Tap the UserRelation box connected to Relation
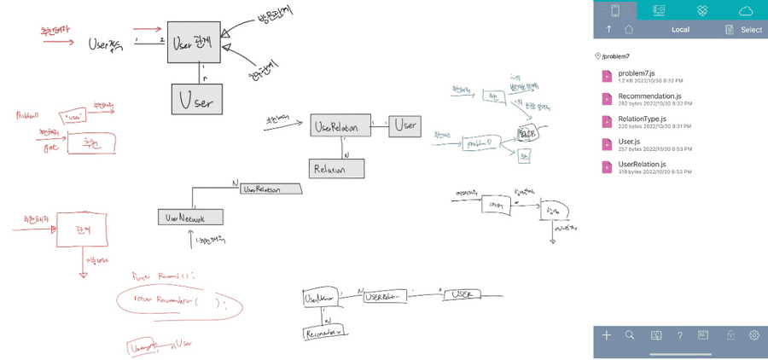tap(340, 126)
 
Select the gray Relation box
tap(336, 169)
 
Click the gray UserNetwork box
tap(189, 217)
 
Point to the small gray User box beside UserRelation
tap(405, 125)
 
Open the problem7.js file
tap(636, 77)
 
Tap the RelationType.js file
tap(646, 121)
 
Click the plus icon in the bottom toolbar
tap(607, 335)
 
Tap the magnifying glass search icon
tap(630, 335)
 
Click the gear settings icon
tap(754, 335)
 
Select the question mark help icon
tap(679, 335)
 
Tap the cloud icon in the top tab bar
tap(746, 10)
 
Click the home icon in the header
tap(629, 29)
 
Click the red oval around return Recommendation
tap(179, 303)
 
